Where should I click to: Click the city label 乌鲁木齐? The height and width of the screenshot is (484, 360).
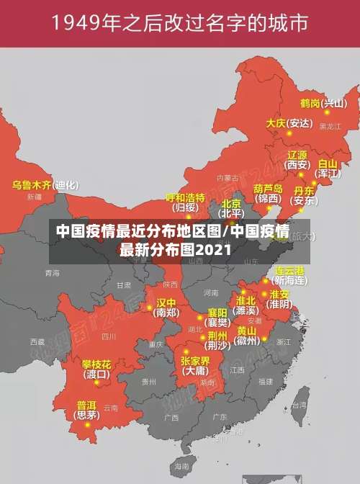point(32,184)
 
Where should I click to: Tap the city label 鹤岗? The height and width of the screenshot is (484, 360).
point(310,103)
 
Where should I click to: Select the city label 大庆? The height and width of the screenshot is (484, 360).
point(276,123)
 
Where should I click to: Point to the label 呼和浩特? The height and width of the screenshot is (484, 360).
point(185,197)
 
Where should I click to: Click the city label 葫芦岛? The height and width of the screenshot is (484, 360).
point(267,188)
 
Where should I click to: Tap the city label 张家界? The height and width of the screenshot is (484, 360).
point(195,360)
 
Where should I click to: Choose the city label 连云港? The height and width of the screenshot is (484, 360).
point(290,270)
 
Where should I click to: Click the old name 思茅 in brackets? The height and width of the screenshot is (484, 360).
point(88,415)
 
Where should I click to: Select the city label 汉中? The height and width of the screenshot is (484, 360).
point(166,302)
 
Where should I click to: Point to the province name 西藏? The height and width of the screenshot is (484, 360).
point(37,341)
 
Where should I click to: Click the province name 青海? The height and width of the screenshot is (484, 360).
point(52,273)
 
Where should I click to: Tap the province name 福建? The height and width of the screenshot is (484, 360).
point(266,381)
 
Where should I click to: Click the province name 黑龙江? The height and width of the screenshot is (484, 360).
point(330,126)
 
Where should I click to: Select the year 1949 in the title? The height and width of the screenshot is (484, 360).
point(78,24)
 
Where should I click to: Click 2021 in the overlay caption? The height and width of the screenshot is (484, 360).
point(212,250)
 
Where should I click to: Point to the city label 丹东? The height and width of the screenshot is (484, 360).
point(304,191)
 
